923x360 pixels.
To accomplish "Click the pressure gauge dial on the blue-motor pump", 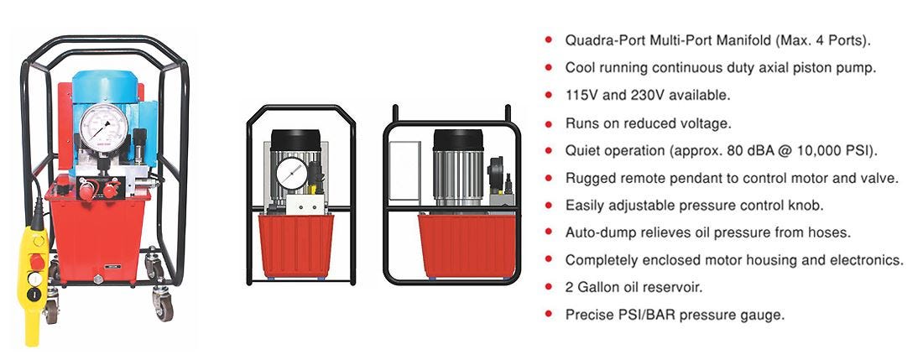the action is pyautogui.click(x=103, y=128).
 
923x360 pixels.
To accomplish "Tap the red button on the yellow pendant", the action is pyautogui.click(x=36, y=261).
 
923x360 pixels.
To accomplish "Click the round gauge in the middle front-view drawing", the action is pyautogui.click(x=293, y=173).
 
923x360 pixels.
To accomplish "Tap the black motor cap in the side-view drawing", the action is pyautogui.click(x=458, y=140).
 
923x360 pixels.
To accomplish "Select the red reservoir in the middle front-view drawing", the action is pyautogui.click(x=296, y=245).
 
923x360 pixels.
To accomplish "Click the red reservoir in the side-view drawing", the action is pyautogui.click(x=467, y=245).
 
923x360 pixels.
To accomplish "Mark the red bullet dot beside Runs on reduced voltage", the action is pyautogui.click(x=549, y=123).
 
